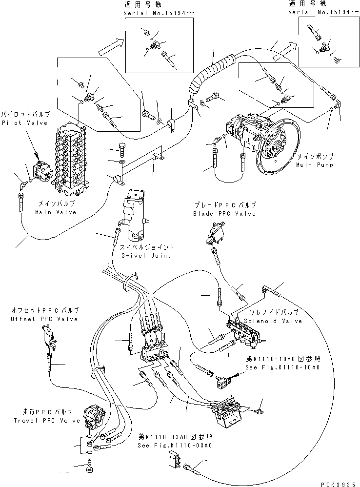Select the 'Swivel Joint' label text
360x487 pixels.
coord(147,255)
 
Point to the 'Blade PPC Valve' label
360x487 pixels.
coord(224,214)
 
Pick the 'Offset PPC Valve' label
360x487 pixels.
coord(44,319)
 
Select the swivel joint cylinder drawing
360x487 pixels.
coord(136,215)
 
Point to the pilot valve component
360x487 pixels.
coord(40,171)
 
